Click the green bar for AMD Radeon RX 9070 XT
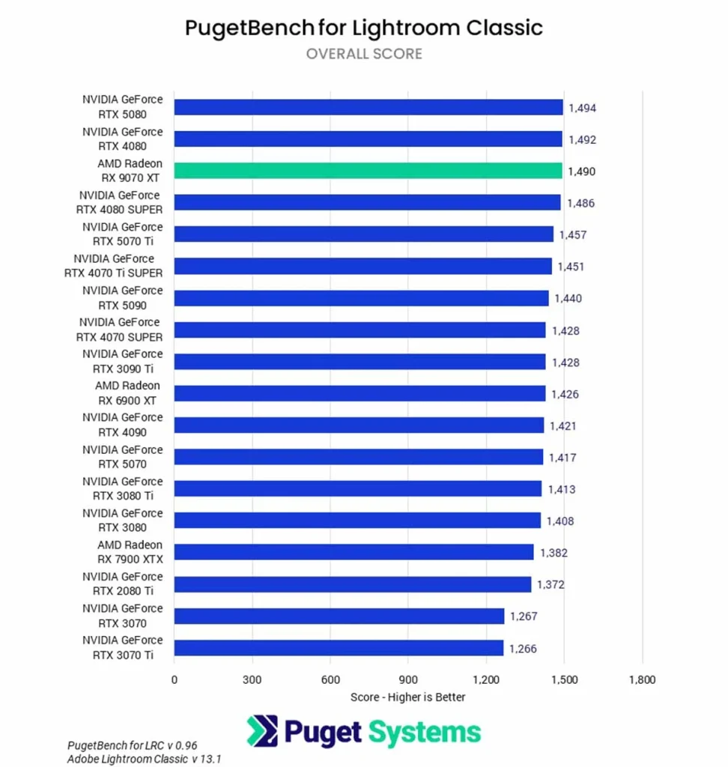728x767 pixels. click(368, 171)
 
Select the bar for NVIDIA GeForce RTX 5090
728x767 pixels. click(361, 298)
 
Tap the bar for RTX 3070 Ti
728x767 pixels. click(339, 648)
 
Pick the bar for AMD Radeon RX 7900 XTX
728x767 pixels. click(354, 553)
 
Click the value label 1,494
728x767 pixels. click(582, 108)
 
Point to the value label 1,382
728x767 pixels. click(553, 553)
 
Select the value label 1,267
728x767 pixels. click(524, 616)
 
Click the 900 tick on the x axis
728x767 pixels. click(407, 680)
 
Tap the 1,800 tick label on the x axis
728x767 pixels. click(642, 680)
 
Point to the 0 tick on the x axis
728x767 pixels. click(175, 680)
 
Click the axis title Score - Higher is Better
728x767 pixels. click(407, 697)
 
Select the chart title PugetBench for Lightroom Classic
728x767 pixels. click(364, 28)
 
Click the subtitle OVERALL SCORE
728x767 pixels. click(364, 54)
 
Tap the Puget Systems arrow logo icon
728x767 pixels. click(262, 732)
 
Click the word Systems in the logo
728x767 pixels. click(423, 732)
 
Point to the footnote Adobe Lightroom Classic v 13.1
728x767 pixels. click(145, 759)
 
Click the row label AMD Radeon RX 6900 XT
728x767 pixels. click(127, 393)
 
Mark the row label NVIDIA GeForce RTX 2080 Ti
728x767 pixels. click(122, 584)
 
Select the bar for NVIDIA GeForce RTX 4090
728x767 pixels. click(359, 425)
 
